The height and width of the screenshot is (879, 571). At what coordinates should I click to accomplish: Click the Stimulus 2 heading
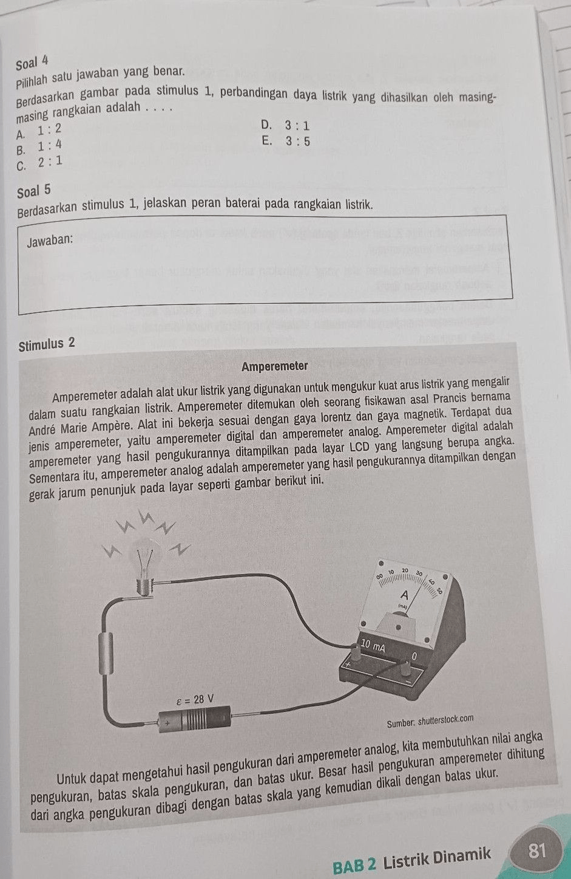[47, 345]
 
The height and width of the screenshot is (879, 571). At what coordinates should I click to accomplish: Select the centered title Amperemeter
[274, 366]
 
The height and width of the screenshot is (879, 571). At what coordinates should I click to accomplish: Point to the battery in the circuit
[194, 721]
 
